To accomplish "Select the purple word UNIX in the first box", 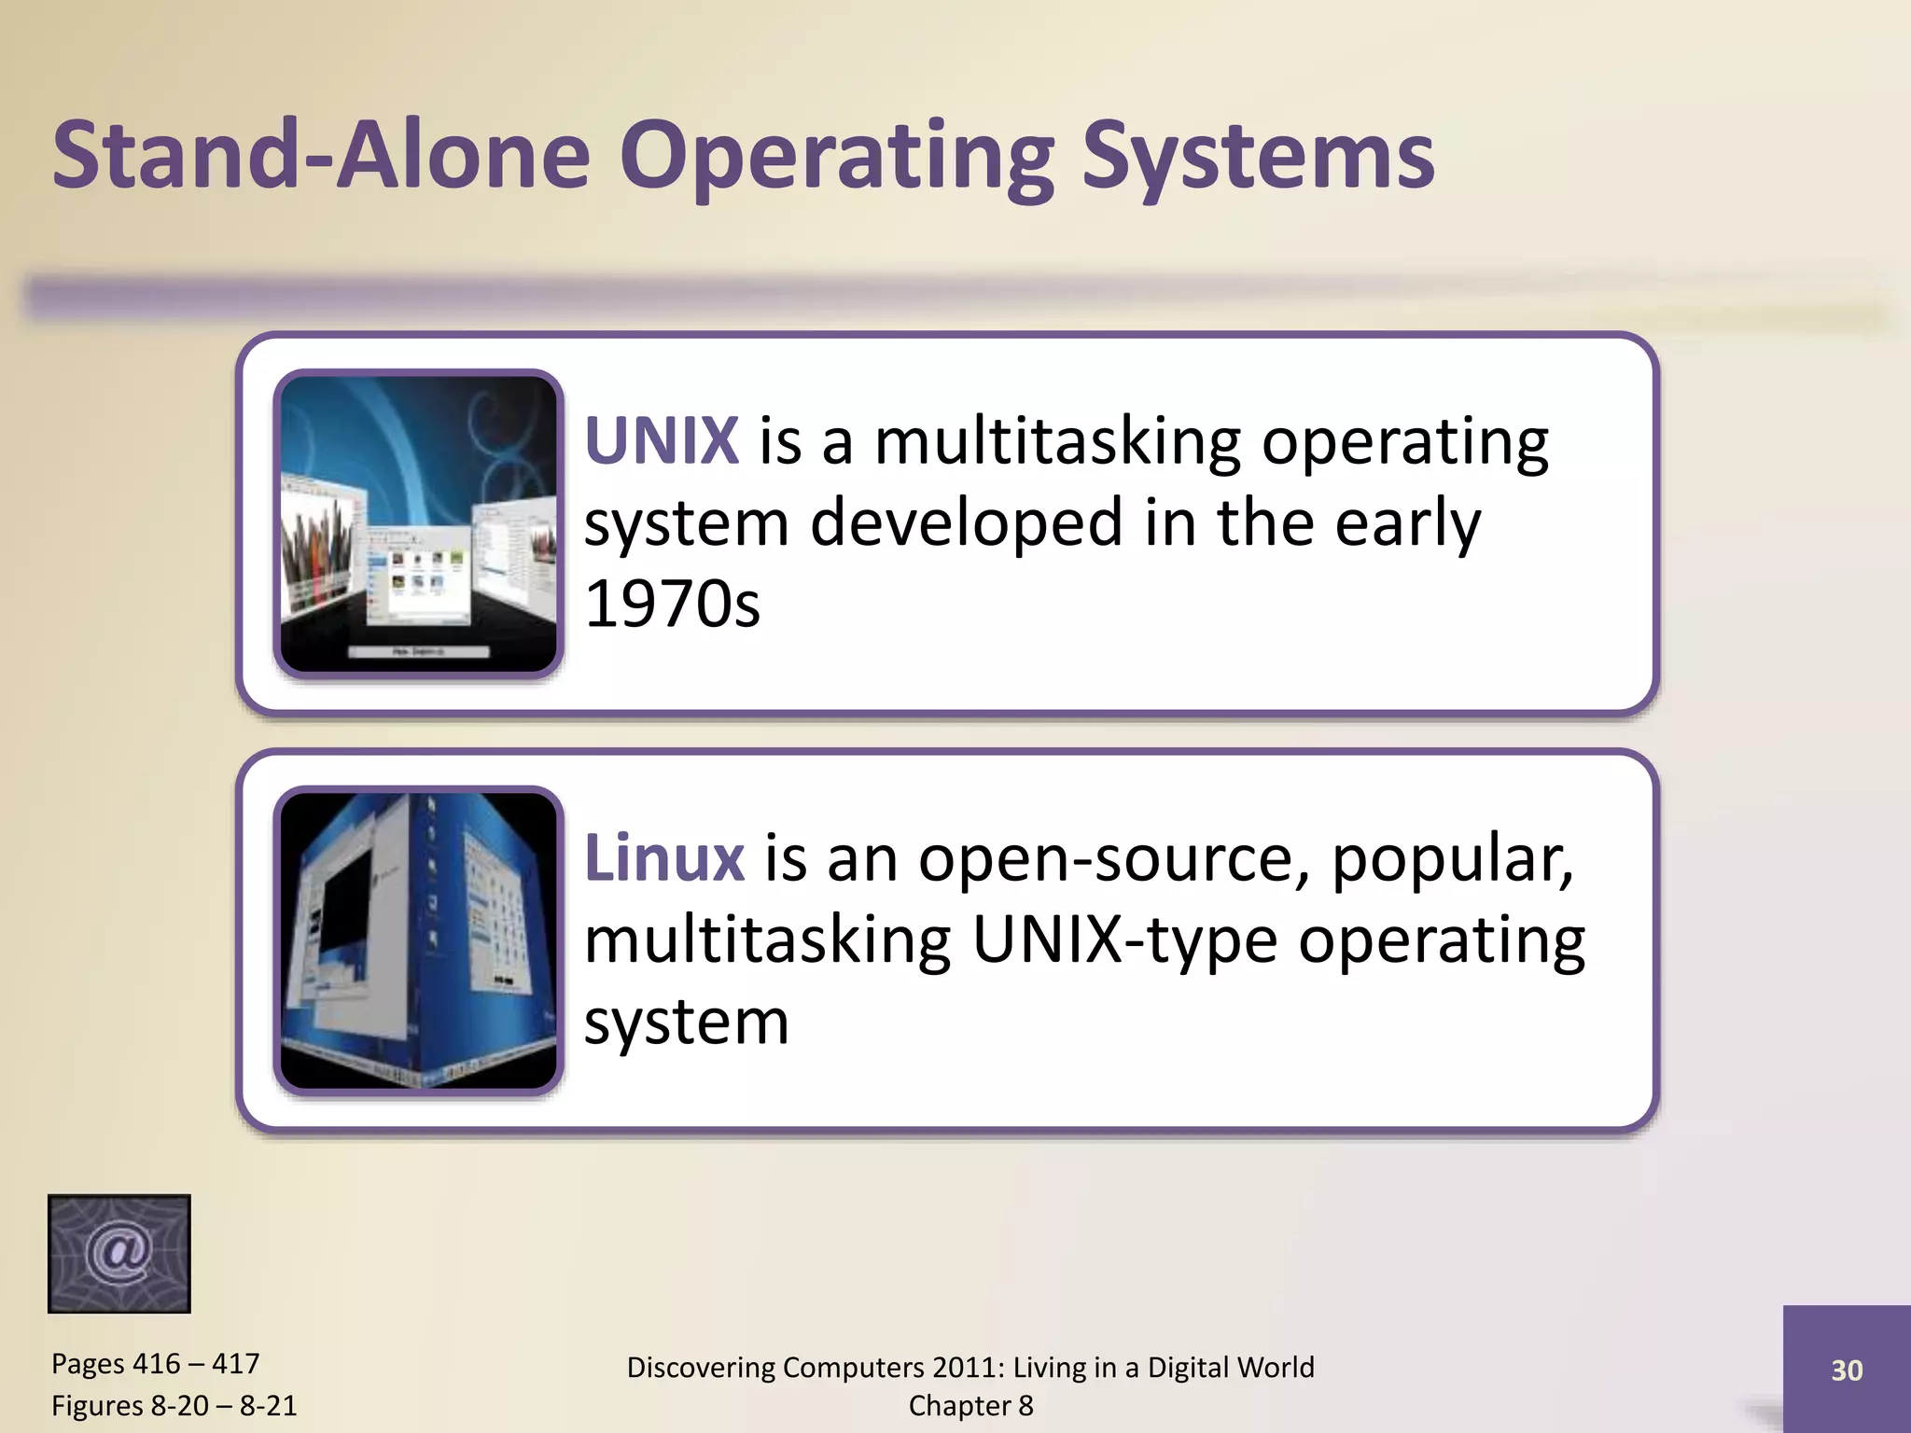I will (662, 440).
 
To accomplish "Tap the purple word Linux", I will (663, 857).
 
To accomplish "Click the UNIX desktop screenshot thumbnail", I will (418, 523).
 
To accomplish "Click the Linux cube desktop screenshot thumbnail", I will (418, 940).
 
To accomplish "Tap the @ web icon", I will (119, 1253).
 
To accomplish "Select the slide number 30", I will (1847, 1370).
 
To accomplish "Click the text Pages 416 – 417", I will (155, 1364).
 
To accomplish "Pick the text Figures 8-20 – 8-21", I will (174, 1405).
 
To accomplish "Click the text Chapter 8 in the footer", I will (970, 1406).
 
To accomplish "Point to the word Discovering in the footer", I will (700, 1368).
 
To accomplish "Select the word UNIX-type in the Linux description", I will (1123, 939).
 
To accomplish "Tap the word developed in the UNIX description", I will (966, 522).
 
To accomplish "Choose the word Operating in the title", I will (836, 157).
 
